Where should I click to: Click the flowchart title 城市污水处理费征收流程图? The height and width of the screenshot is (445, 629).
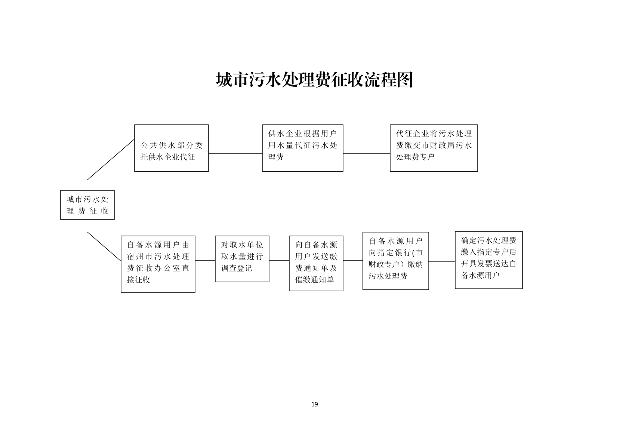[314, 80]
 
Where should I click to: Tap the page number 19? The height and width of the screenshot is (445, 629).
[315, 404]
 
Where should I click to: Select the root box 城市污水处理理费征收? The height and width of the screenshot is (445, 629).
[87, 205]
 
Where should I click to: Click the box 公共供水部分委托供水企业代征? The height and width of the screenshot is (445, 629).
[171, 148]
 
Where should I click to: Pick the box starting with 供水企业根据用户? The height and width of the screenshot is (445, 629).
[302, 148]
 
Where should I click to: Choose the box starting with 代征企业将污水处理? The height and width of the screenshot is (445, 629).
[434, 148]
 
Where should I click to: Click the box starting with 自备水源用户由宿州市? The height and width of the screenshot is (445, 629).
[158, 264]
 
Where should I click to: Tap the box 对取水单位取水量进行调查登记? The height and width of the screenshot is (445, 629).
[242, 259]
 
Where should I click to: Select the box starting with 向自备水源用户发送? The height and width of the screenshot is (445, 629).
[316, 263]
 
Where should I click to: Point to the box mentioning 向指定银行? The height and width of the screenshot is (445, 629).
[395, 261]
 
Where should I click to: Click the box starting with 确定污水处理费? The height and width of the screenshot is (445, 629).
[488, 260]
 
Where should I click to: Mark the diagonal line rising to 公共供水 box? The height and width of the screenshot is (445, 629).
[111, 159]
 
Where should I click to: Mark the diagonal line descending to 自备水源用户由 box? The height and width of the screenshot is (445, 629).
[104, 247]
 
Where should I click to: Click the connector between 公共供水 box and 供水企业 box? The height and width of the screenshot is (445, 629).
[235, 153]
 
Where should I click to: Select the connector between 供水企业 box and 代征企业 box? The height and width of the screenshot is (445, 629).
[366, 153]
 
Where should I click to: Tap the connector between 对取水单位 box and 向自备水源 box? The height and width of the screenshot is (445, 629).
[279, 261]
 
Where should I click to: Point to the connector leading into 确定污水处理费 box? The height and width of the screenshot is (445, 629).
[442, 262]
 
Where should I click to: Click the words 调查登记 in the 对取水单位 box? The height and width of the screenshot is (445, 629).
[237, 268]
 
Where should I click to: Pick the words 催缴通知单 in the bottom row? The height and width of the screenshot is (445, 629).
[314, 280]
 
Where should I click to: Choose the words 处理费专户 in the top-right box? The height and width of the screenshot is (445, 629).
[415, 157]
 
